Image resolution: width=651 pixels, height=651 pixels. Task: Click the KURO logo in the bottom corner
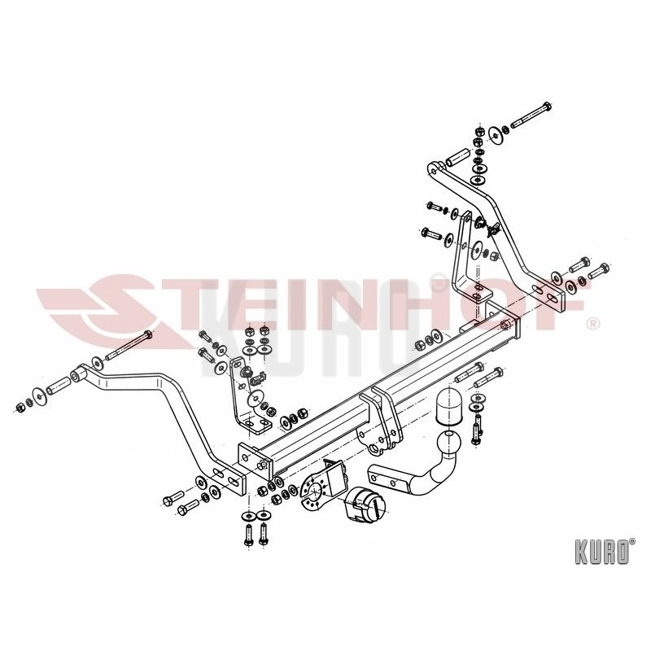click(605, 552)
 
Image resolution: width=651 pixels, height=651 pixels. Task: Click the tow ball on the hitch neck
click(448, 443)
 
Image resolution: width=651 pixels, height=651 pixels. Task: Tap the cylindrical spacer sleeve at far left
click(58, 385)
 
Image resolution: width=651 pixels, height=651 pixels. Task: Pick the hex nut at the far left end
click(19, 408)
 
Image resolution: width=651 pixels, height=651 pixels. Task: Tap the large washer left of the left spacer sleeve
click(38, 395)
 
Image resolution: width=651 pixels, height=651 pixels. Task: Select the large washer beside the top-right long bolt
click(495, 133)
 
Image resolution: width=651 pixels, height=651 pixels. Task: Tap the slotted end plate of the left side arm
click(226, 478)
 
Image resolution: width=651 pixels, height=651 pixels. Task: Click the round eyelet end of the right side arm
click(435, 169)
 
